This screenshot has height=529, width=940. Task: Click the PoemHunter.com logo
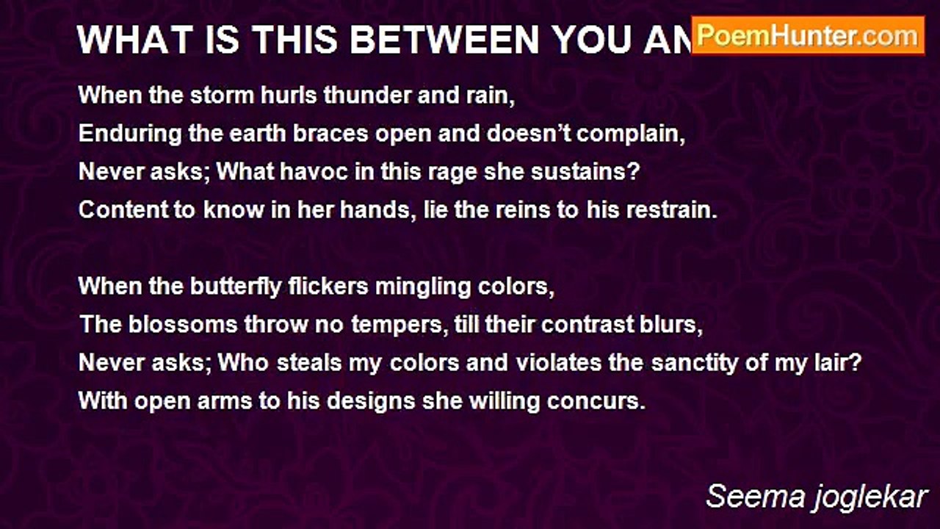pos(808,35)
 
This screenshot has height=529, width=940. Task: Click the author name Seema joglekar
pos(817,497)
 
